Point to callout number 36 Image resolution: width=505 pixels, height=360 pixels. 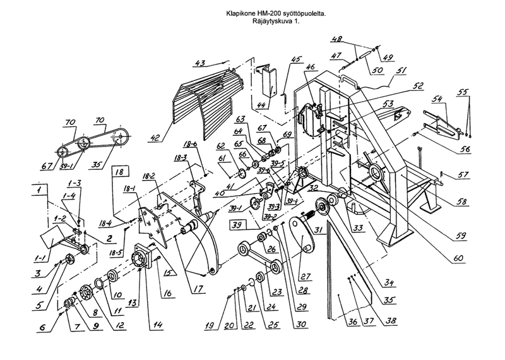pos(352,323)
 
